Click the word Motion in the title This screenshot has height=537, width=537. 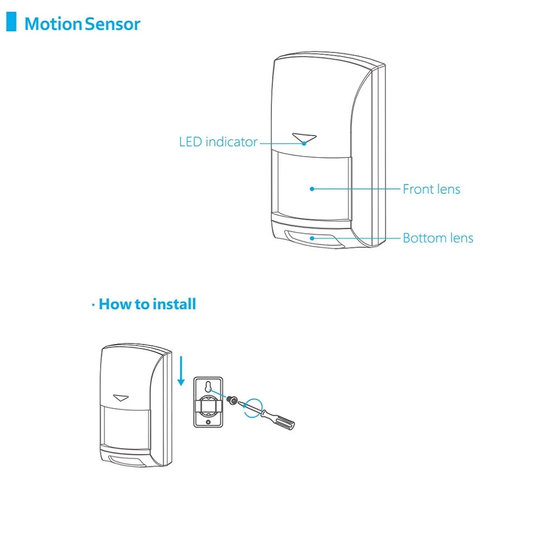54,24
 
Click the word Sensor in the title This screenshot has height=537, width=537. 112,24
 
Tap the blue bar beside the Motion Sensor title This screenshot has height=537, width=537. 11,22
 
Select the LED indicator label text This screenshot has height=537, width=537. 218,142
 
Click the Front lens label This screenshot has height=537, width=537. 431,189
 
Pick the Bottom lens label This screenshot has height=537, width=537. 438,238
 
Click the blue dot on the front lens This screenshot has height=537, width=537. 312,189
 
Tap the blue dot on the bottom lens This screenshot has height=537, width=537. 312,238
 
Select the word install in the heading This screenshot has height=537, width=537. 174,304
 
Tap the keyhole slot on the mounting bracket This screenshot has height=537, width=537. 208,387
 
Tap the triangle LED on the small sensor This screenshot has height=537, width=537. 121,398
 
